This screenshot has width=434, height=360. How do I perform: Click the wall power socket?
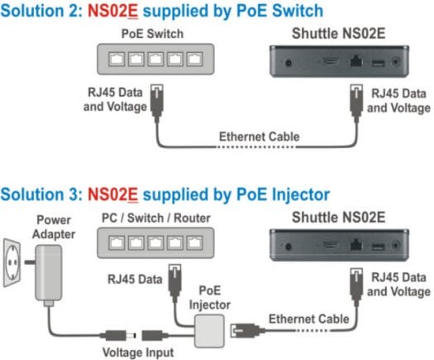12,262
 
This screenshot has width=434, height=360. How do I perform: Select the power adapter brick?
48,273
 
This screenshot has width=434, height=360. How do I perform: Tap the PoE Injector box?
209,331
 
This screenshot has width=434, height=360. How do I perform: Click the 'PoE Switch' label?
152,34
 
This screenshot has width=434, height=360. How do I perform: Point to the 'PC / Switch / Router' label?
156,218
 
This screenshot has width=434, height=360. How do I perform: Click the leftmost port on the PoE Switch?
117,59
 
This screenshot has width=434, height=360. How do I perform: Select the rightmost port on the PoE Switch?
194,59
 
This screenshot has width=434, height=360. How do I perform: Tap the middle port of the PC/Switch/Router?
155,242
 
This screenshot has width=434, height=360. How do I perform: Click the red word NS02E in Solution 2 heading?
112,11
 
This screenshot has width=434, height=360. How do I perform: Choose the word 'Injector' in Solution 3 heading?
301,194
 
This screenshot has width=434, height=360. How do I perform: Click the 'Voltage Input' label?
138,353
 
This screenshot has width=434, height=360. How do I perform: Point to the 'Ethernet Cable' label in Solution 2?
260,137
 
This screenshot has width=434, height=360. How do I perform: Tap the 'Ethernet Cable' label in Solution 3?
309,319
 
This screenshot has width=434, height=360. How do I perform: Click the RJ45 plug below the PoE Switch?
157,101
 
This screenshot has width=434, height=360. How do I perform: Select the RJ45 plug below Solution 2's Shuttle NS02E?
356,101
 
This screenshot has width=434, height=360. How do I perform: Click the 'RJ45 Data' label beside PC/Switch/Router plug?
135,279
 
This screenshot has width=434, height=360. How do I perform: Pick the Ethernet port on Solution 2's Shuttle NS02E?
356,61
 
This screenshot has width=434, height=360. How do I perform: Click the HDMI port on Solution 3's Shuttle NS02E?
330,245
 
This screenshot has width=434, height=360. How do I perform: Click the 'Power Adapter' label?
54,227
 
